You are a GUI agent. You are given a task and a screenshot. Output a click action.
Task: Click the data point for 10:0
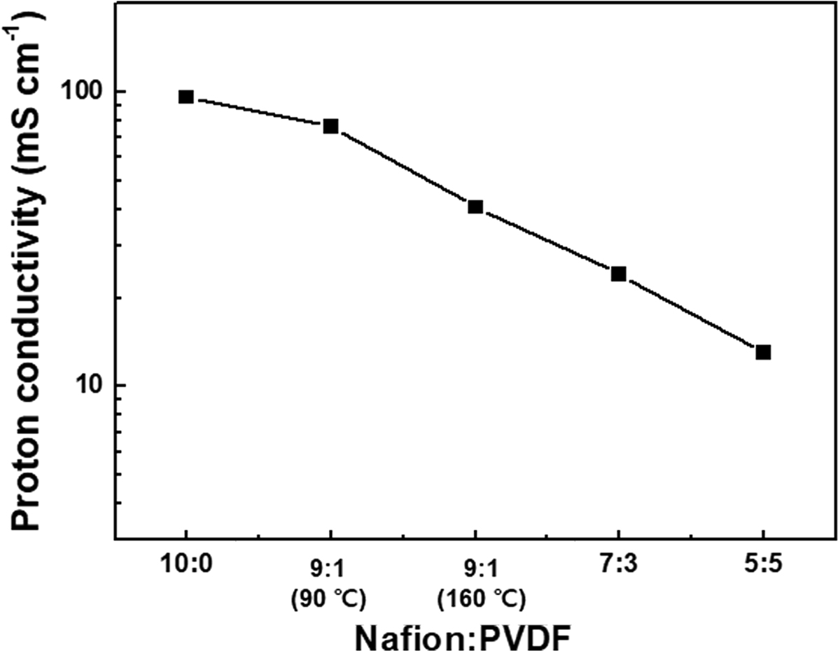pos(186,97)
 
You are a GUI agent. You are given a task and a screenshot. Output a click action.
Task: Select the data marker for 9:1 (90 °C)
pos(330,126)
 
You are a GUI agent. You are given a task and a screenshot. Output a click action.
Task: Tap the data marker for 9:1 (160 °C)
pos(475,206)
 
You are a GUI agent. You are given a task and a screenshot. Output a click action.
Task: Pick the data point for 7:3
pos(618,273)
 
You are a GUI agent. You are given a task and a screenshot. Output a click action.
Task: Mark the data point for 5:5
pos(763,351)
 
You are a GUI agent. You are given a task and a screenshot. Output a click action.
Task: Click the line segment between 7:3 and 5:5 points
pos(691,312)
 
